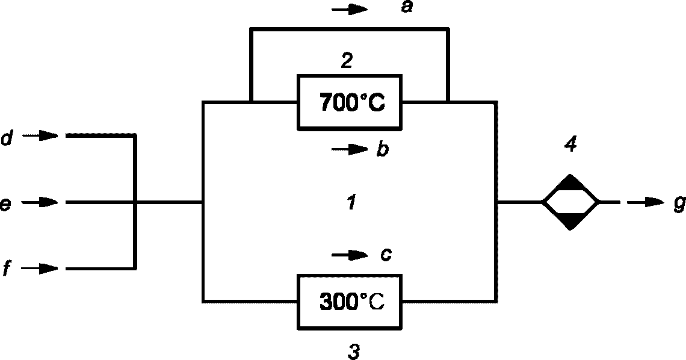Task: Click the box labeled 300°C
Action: (349, 302)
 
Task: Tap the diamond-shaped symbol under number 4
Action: (570, 202)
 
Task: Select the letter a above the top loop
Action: (407, 7)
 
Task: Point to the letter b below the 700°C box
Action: (382, 150)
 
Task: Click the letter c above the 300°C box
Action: (385, 255)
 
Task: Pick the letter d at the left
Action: (7, 138)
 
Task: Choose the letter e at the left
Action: (5, 204)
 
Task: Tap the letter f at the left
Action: (7, 269)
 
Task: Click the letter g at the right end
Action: (679, 205)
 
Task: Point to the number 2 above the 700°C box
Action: (347, 61)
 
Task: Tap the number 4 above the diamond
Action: (570, 143)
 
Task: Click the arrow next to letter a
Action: (350, 9)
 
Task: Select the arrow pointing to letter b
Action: (350, 150)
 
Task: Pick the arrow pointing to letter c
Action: (350, 255)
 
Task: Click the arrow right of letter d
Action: (40, 135)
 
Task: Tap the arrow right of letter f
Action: (40, 268)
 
